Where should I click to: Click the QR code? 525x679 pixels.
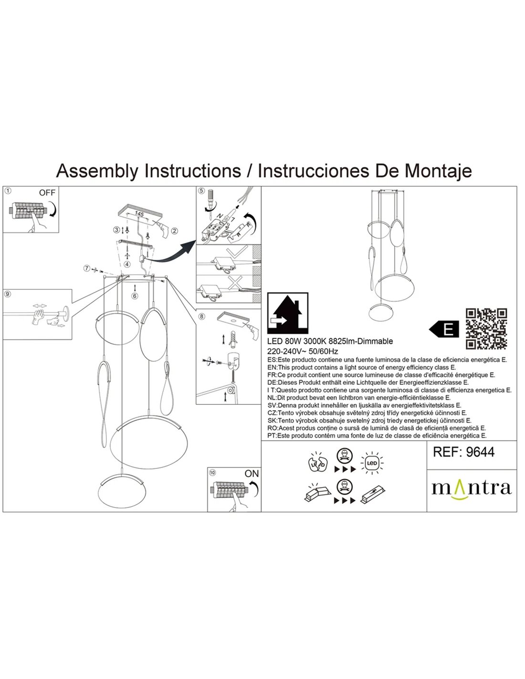[x=486, y=329]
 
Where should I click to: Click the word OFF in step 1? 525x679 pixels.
[x=47, y=193]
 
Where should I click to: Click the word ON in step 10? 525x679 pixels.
[x=252, y=473]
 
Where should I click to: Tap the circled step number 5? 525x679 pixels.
[x=201, y=191]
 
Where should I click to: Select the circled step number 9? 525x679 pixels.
[x=7, y=294]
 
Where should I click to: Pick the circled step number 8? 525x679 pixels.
[x=201, y=316]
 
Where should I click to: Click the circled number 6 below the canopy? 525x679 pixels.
[x=135, y=296]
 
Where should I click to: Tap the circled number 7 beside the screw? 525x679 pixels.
[x=86, y=268]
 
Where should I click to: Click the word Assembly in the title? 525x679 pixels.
[x=98, y=170]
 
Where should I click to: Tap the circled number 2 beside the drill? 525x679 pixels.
[x=174, y=231]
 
